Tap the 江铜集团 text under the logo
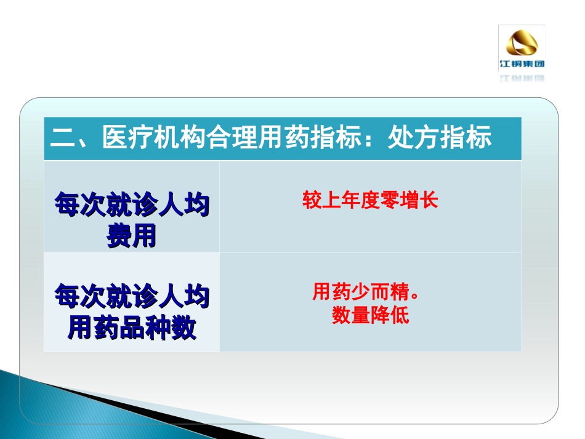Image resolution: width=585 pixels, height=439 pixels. click(x=522, y=63)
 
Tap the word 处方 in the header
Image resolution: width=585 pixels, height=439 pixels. click(x=414, y=138)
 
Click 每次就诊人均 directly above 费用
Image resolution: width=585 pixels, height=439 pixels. click(x=131, y=205)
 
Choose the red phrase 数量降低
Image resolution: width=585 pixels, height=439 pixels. click(x=370, y=315)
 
